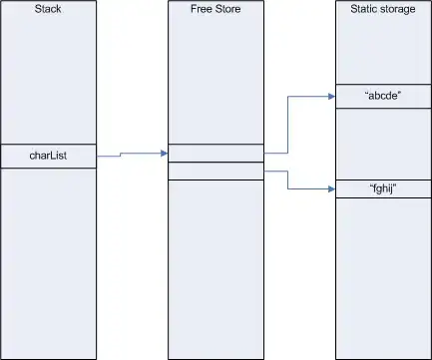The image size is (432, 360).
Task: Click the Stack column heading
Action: point(48,9)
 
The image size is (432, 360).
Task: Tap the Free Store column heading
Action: point(216,9)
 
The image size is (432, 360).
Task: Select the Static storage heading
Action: point(383,9)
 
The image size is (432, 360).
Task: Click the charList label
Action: point(48,156)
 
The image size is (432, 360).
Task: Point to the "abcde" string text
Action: point(383,96)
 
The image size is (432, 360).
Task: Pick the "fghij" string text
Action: point(383,188)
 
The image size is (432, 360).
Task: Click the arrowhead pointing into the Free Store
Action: point(164,154)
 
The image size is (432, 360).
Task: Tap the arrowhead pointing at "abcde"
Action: point(331,97)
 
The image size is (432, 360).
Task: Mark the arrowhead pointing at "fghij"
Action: point(331,189)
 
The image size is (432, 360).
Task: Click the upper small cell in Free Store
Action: point(216,154)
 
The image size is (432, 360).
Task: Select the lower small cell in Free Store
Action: point(216,172)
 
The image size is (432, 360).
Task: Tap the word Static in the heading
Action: point(363,9)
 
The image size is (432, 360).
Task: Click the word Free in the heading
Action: point(202,9)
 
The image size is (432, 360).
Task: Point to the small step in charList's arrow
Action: point(120,155)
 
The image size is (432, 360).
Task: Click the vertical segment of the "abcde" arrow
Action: point(287,125)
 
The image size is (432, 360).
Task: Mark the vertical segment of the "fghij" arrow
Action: point(287,180)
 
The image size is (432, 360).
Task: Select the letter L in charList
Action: point(53,155)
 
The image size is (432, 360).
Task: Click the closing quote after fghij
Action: point(395,185)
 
